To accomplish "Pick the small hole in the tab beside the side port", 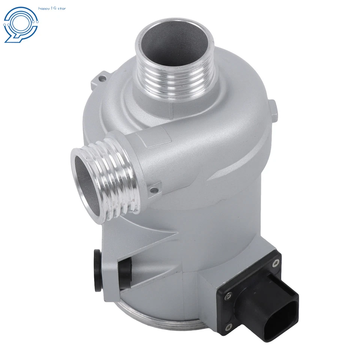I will (153, 190).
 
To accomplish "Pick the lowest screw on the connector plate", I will (228, 327).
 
